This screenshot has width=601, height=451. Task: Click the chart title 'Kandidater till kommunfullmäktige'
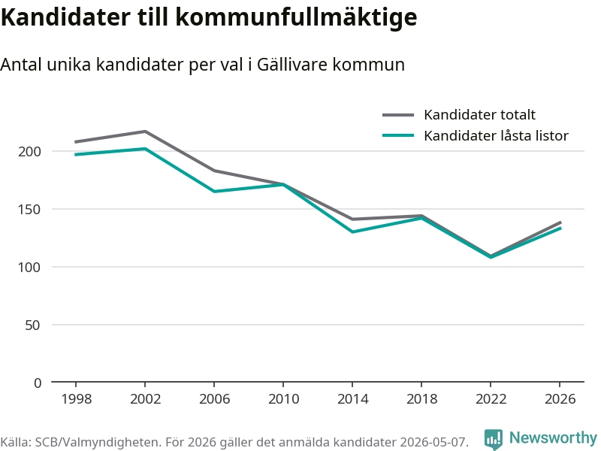point(209,17)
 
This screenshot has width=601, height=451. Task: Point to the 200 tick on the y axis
point(29,152)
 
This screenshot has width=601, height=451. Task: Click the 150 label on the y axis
point(29,210)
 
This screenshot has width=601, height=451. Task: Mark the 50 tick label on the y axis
point(32,325)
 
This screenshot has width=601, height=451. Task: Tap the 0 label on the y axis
point(37,383)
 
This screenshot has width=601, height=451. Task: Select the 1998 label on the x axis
point(77,399)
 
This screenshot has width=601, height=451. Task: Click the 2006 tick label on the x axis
point(214,399)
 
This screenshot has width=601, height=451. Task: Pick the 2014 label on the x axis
point(352,399)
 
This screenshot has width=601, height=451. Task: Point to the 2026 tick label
point(560,399)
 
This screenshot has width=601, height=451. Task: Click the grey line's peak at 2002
point(145,132)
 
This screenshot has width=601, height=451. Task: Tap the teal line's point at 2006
point(214,192)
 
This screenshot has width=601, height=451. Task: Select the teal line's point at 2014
point(352,232)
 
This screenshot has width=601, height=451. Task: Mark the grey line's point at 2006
point(214,171)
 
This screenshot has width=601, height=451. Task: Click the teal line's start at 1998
point(76,155)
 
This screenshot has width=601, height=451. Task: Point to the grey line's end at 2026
point(560,222)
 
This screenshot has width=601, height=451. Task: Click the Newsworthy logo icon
point(494,439)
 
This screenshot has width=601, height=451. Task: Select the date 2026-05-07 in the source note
point(433,442)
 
